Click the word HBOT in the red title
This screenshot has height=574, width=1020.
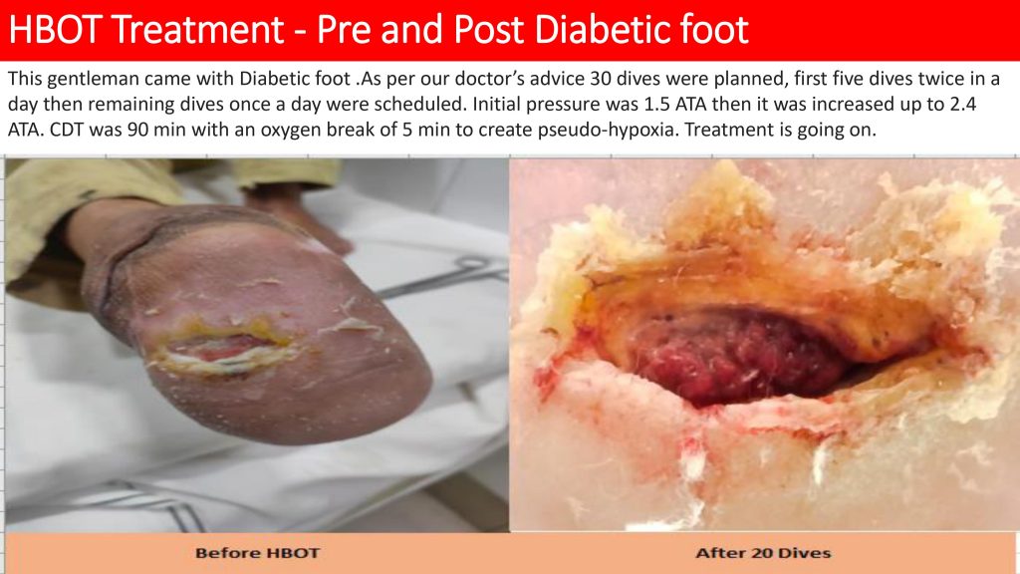[56, 29]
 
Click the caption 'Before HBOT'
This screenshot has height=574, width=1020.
[258, 553]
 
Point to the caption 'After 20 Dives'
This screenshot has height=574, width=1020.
[763, 553]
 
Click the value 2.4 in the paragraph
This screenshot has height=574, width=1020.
[963, 104]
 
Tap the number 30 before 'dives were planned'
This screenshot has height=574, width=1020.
[601, 79]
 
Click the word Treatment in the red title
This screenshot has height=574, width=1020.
[197, 29]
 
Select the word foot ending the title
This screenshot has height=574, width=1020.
[717, 29]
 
